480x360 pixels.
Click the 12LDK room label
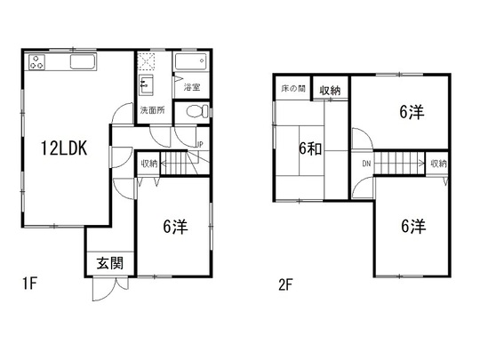(64, 148)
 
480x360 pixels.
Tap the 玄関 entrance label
(110, 263)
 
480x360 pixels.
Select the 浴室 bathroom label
(192, 87)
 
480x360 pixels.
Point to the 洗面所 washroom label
(153, 110)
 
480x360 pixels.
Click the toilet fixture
(196, 111)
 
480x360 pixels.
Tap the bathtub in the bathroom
(191, 61)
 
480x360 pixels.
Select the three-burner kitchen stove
(37, 62)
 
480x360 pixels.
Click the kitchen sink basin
(83, 62)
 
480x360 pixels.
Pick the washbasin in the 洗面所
(146, 84)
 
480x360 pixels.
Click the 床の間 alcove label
(293, 89)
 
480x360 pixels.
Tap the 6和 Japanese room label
(310, 149)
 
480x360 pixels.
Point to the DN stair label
(366, 164)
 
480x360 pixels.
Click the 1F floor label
(29, 284)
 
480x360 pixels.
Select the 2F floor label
(285, 285)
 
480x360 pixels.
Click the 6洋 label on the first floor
(175, 227)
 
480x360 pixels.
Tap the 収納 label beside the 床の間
(330, 91)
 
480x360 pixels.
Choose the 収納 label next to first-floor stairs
(149, 164)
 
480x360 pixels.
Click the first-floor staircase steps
(173, 164)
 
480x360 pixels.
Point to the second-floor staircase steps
(398, 164)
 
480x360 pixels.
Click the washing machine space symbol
(146, 61)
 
